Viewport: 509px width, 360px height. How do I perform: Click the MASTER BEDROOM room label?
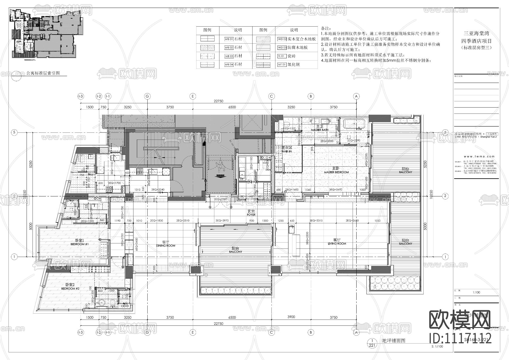(x=336, y=172)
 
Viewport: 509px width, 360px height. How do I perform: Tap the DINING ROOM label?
(x=165, y=245)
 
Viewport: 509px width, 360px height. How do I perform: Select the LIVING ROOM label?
(x=337, y=243)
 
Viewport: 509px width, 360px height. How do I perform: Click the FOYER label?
(x=251, y=215)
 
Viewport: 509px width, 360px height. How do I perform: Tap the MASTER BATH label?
(x=320, y=130)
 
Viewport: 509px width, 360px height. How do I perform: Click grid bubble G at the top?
(x=147, y=96)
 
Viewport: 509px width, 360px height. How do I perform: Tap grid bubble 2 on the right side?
(x=445, y=196)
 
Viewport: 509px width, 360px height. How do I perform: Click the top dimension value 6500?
(x=232, y=107)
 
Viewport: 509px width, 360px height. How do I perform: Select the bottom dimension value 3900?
(x=291, y=317)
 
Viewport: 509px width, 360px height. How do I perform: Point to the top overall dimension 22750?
(x=218, y=101)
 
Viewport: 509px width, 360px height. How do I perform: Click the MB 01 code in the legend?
(x=229, y=39)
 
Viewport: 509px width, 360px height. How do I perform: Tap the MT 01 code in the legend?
(x=281, y=65)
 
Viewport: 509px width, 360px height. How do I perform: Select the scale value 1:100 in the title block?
(x=476, y=292)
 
